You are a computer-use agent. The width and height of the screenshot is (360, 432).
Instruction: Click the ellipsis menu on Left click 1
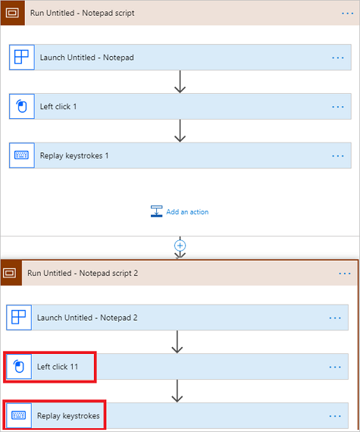click(338, 107)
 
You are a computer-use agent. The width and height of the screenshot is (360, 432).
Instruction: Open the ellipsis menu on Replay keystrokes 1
click(338, 155)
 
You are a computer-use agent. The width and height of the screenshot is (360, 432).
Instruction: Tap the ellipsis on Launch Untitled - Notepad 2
click(335, 318)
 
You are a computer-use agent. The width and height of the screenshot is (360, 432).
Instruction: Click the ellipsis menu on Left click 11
click(335, 367)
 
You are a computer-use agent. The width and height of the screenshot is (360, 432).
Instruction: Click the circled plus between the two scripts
click(180, 246)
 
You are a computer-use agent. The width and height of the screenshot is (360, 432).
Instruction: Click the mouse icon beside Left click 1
click(22, 106)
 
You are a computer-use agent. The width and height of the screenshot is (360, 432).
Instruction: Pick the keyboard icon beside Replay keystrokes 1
click(21, 155)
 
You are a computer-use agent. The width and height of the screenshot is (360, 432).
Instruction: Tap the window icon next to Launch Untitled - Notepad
click(21, 57)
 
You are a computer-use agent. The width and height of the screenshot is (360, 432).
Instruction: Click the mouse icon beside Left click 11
click(19, 366)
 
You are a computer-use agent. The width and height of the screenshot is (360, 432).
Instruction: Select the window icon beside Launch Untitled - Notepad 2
click(19, 317)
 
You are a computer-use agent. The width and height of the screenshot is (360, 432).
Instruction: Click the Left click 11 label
click(58, 367)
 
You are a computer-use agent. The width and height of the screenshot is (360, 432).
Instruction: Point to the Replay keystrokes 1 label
click(74, 155)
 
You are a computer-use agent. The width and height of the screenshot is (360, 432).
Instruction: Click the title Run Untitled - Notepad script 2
click(83, 273)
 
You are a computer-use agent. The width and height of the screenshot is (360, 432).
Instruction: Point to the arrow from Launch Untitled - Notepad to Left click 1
click(180, 82)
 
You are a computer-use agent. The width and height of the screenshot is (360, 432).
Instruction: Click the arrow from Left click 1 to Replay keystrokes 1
click(180, 130)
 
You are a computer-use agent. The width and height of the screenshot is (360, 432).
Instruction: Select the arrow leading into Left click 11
click(177, 342)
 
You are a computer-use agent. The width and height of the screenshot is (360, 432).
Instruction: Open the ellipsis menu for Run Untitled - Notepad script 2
click(345, 274)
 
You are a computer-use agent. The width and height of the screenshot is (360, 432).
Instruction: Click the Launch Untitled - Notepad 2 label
click(87, 318)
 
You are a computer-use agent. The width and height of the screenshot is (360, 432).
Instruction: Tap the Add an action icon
click(156, 211)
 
